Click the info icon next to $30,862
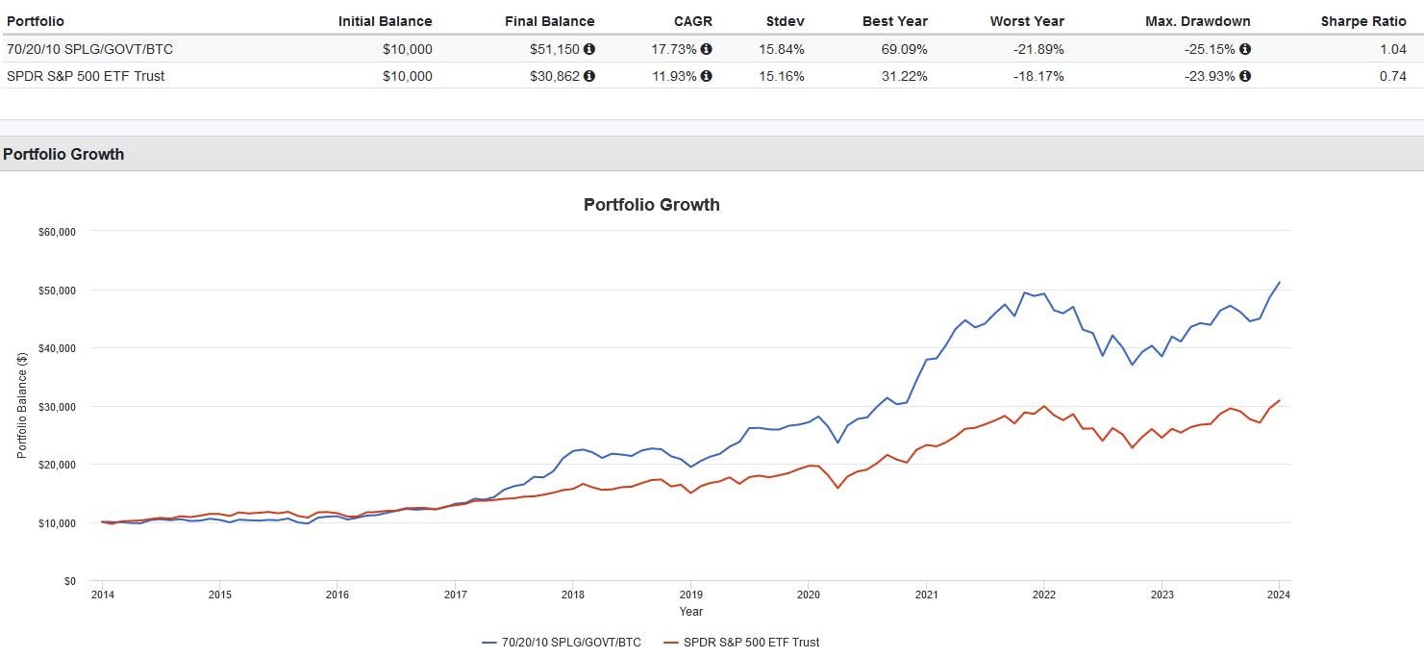[x=589, y=76]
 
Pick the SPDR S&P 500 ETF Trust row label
[x=86, y=76]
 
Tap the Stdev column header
[x=785, y=21]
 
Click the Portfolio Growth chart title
[x=651, y=205]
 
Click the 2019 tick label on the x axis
[x=689, y=594]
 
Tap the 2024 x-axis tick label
[x=1279, y=594]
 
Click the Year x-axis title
[x=690, y=612]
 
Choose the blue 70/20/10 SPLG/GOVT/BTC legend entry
[x=562, y=643]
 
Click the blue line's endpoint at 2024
[x=1279, y=282]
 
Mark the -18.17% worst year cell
[x=1037, y=76]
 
